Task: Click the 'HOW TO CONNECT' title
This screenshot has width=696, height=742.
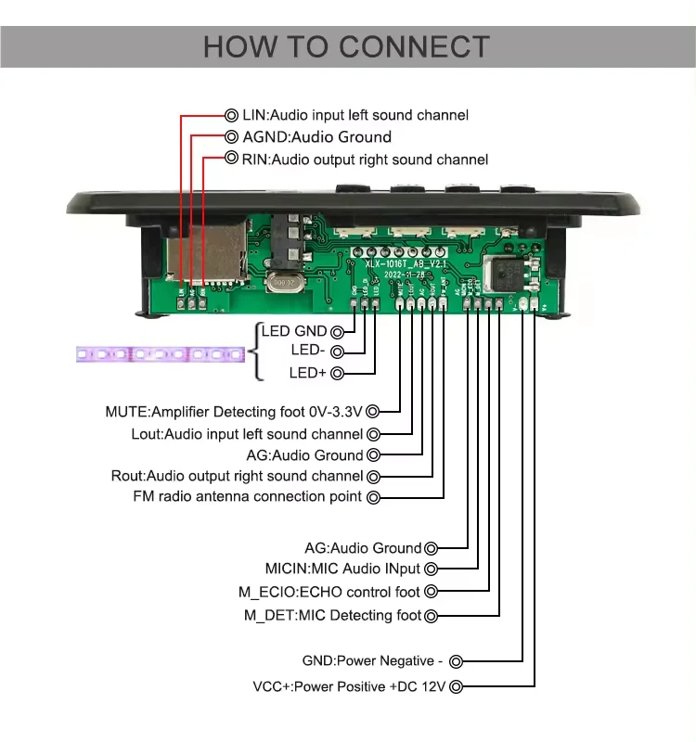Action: (347, 47)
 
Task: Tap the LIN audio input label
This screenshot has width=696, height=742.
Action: (354, 115)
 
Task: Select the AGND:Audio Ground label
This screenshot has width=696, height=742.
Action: (316, 137)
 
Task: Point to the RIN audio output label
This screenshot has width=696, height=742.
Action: (365, 160)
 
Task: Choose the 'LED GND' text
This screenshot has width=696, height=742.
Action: (294, 331)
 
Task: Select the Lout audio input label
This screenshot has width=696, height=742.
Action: (247, 434)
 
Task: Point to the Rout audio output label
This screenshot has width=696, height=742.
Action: (237, 476)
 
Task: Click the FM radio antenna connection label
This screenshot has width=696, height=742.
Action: (247, 497)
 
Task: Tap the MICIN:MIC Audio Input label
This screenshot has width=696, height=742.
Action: (342, 569)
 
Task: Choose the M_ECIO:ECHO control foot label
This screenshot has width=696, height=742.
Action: (331, 592)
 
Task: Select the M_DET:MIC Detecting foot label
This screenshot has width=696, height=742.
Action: (332, 615)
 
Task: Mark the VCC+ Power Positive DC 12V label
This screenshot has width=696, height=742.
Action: (350, 686)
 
